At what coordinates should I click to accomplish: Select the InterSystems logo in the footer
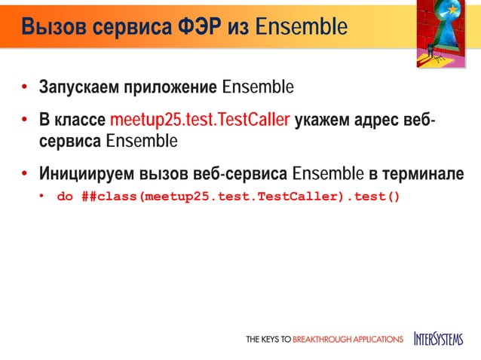click(439, 339)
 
